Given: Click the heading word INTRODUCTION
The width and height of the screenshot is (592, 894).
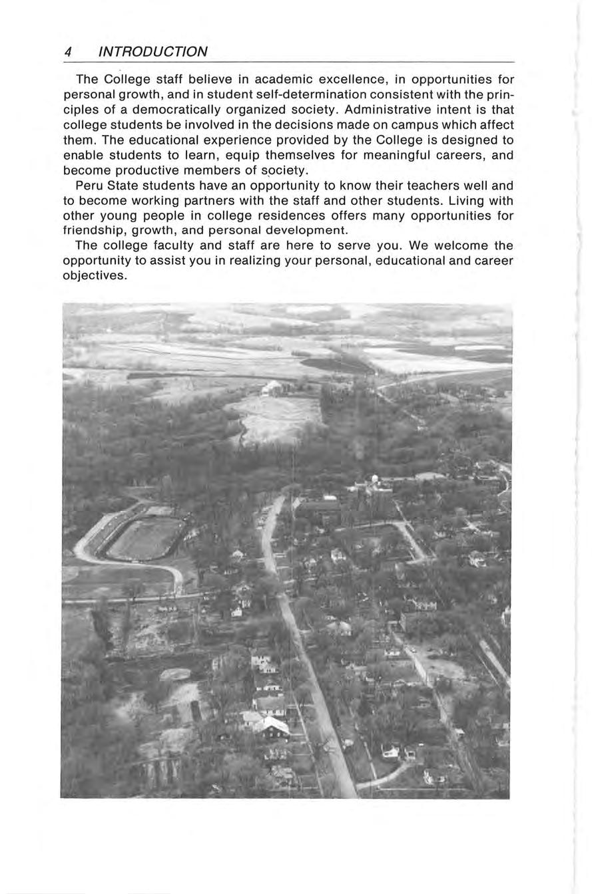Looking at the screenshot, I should [x=152, y=52].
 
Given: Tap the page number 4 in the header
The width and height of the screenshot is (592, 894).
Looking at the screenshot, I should [x=68, y=52].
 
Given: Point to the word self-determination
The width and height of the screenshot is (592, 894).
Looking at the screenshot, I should [x=295, y=95].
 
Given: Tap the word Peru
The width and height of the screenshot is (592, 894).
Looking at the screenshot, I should [x=90, y=186].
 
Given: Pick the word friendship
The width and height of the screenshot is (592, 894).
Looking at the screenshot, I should [x=95, y=231].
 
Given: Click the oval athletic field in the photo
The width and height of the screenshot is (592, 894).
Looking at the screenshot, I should [x=145, y=537].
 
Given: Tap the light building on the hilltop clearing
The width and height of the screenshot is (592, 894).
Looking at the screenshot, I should [x=272, y=389].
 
